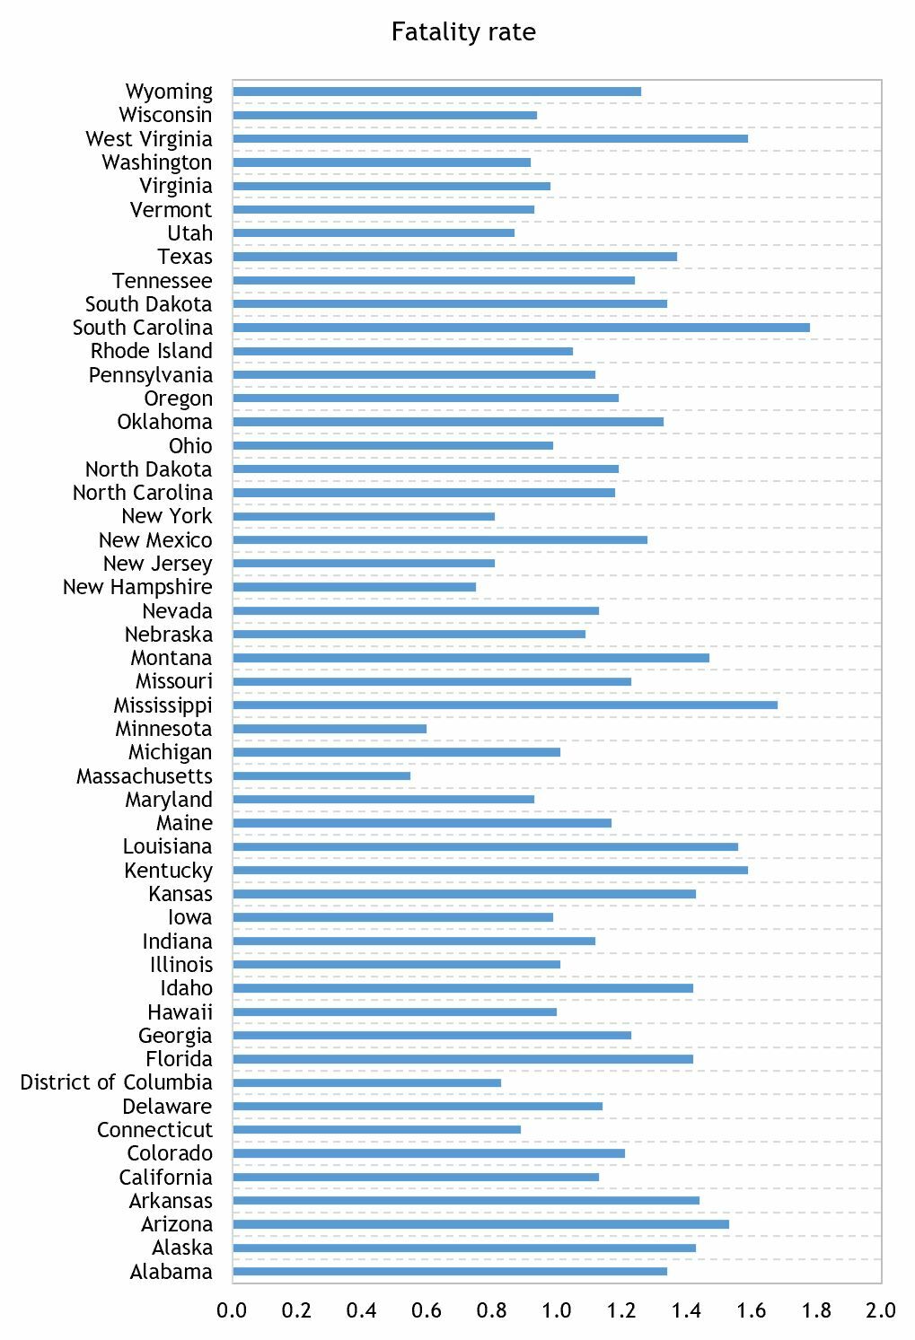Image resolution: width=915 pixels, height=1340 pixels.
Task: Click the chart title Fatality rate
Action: (463, 32)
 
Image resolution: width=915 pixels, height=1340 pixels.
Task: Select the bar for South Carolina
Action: (521, 328)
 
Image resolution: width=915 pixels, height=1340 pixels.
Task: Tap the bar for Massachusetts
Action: (321, 776)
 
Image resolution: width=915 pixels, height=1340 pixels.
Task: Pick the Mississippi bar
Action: (505, 705)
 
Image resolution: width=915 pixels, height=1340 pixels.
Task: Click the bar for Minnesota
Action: (330, 729)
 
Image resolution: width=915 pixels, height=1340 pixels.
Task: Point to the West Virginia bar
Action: (489, 138)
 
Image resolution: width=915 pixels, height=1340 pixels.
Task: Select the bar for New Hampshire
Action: (354, 587)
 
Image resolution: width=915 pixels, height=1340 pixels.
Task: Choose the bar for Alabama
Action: (449, 1272)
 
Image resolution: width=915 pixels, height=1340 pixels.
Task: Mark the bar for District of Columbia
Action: (366, 1082)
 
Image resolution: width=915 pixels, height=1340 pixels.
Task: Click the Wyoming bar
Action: (436, 92)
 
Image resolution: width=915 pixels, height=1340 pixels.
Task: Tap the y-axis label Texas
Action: (185, 257)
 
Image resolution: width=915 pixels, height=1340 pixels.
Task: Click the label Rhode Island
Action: (151, 351)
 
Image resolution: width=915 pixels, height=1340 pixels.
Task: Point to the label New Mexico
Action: (155, 540)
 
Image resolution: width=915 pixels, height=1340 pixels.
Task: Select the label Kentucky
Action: (168, 871)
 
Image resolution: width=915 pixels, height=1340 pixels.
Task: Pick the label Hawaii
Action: (180, 1012)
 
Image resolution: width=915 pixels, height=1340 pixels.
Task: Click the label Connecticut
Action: (154, 1130)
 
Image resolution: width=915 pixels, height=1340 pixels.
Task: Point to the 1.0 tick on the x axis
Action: (557, 1310)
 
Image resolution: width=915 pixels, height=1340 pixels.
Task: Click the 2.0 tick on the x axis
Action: (881, 1310)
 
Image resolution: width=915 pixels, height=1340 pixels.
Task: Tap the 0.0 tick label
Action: (232, 1310)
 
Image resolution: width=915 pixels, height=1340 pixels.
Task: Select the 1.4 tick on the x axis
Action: (686, 1310)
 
